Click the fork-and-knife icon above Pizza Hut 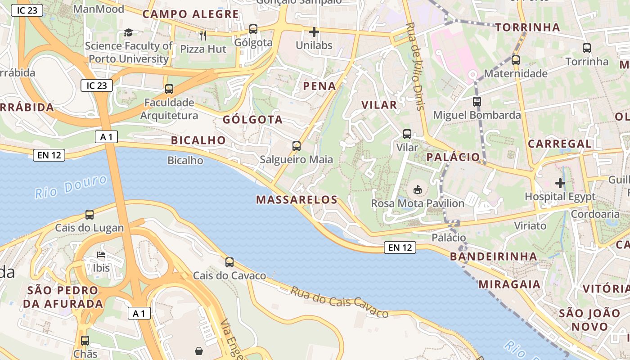(203, 35)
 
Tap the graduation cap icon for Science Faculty (129, 32)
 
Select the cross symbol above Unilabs (314, 32)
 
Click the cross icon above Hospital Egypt (560, 183)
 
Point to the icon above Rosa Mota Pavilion (418, 190)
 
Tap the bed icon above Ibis (101, 255)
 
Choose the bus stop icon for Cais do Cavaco (229, 262)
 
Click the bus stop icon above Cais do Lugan (90, 215)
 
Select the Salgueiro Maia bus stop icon (296, 146)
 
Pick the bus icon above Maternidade (516, 60)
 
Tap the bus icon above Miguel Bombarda (477, 102)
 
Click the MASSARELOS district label (297, 200)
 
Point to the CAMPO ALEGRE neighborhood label (191, 14)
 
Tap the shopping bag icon (199, 351)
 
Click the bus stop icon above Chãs (85, 341)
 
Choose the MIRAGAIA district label (509, 284)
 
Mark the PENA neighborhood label (319, 86)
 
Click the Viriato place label (530, 225)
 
